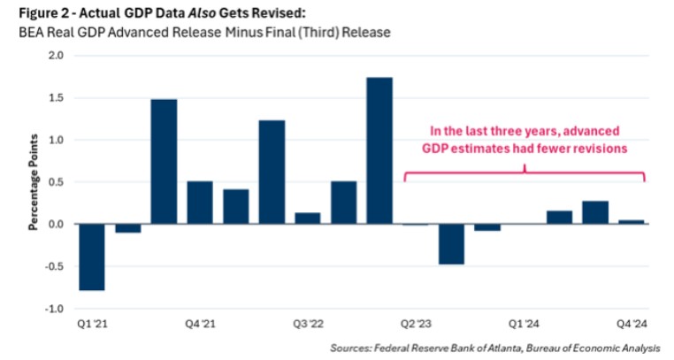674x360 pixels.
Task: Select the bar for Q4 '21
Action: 199,203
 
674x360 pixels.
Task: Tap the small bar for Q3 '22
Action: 307,218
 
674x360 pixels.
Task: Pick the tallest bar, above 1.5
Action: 379,151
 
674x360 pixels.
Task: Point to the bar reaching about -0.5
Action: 451,244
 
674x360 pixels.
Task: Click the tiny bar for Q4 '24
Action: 631,222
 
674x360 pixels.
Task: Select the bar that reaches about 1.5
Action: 164,162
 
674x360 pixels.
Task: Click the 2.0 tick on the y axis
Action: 56,56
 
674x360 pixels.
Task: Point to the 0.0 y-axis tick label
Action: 56,225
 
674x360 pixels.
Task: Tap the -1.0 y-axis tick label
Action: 54,309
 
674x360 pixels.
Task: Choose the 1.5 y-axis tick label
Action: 56,98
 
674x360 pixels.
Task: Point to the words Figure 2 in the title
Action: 33,13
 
